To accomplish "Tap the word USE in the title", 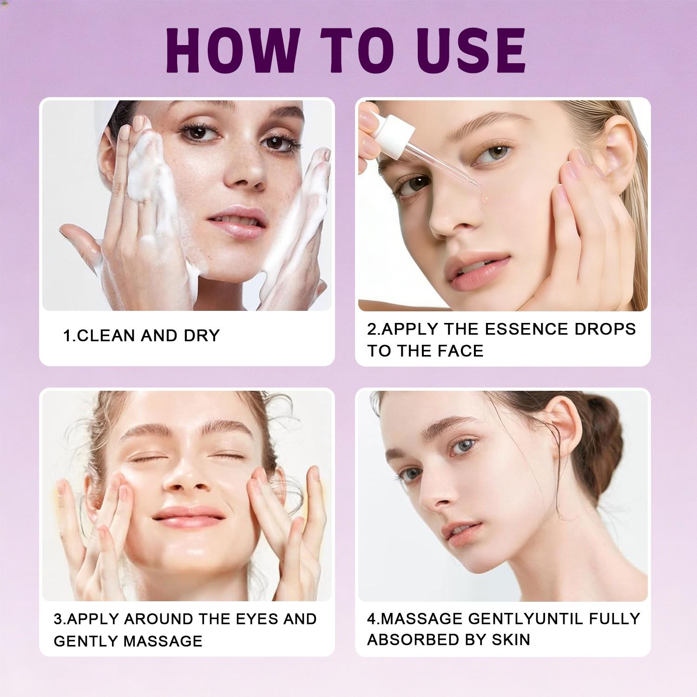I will click(x=472, y=50).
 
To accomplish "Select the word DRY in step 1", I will click(x=202, y=335).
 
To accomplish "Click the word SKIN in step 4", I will click(x=511, y=640).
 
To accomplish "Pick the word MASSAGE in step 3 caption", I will click(x=164, y=641).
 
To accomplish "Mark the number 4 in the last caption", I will click(x=371, y=619).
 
